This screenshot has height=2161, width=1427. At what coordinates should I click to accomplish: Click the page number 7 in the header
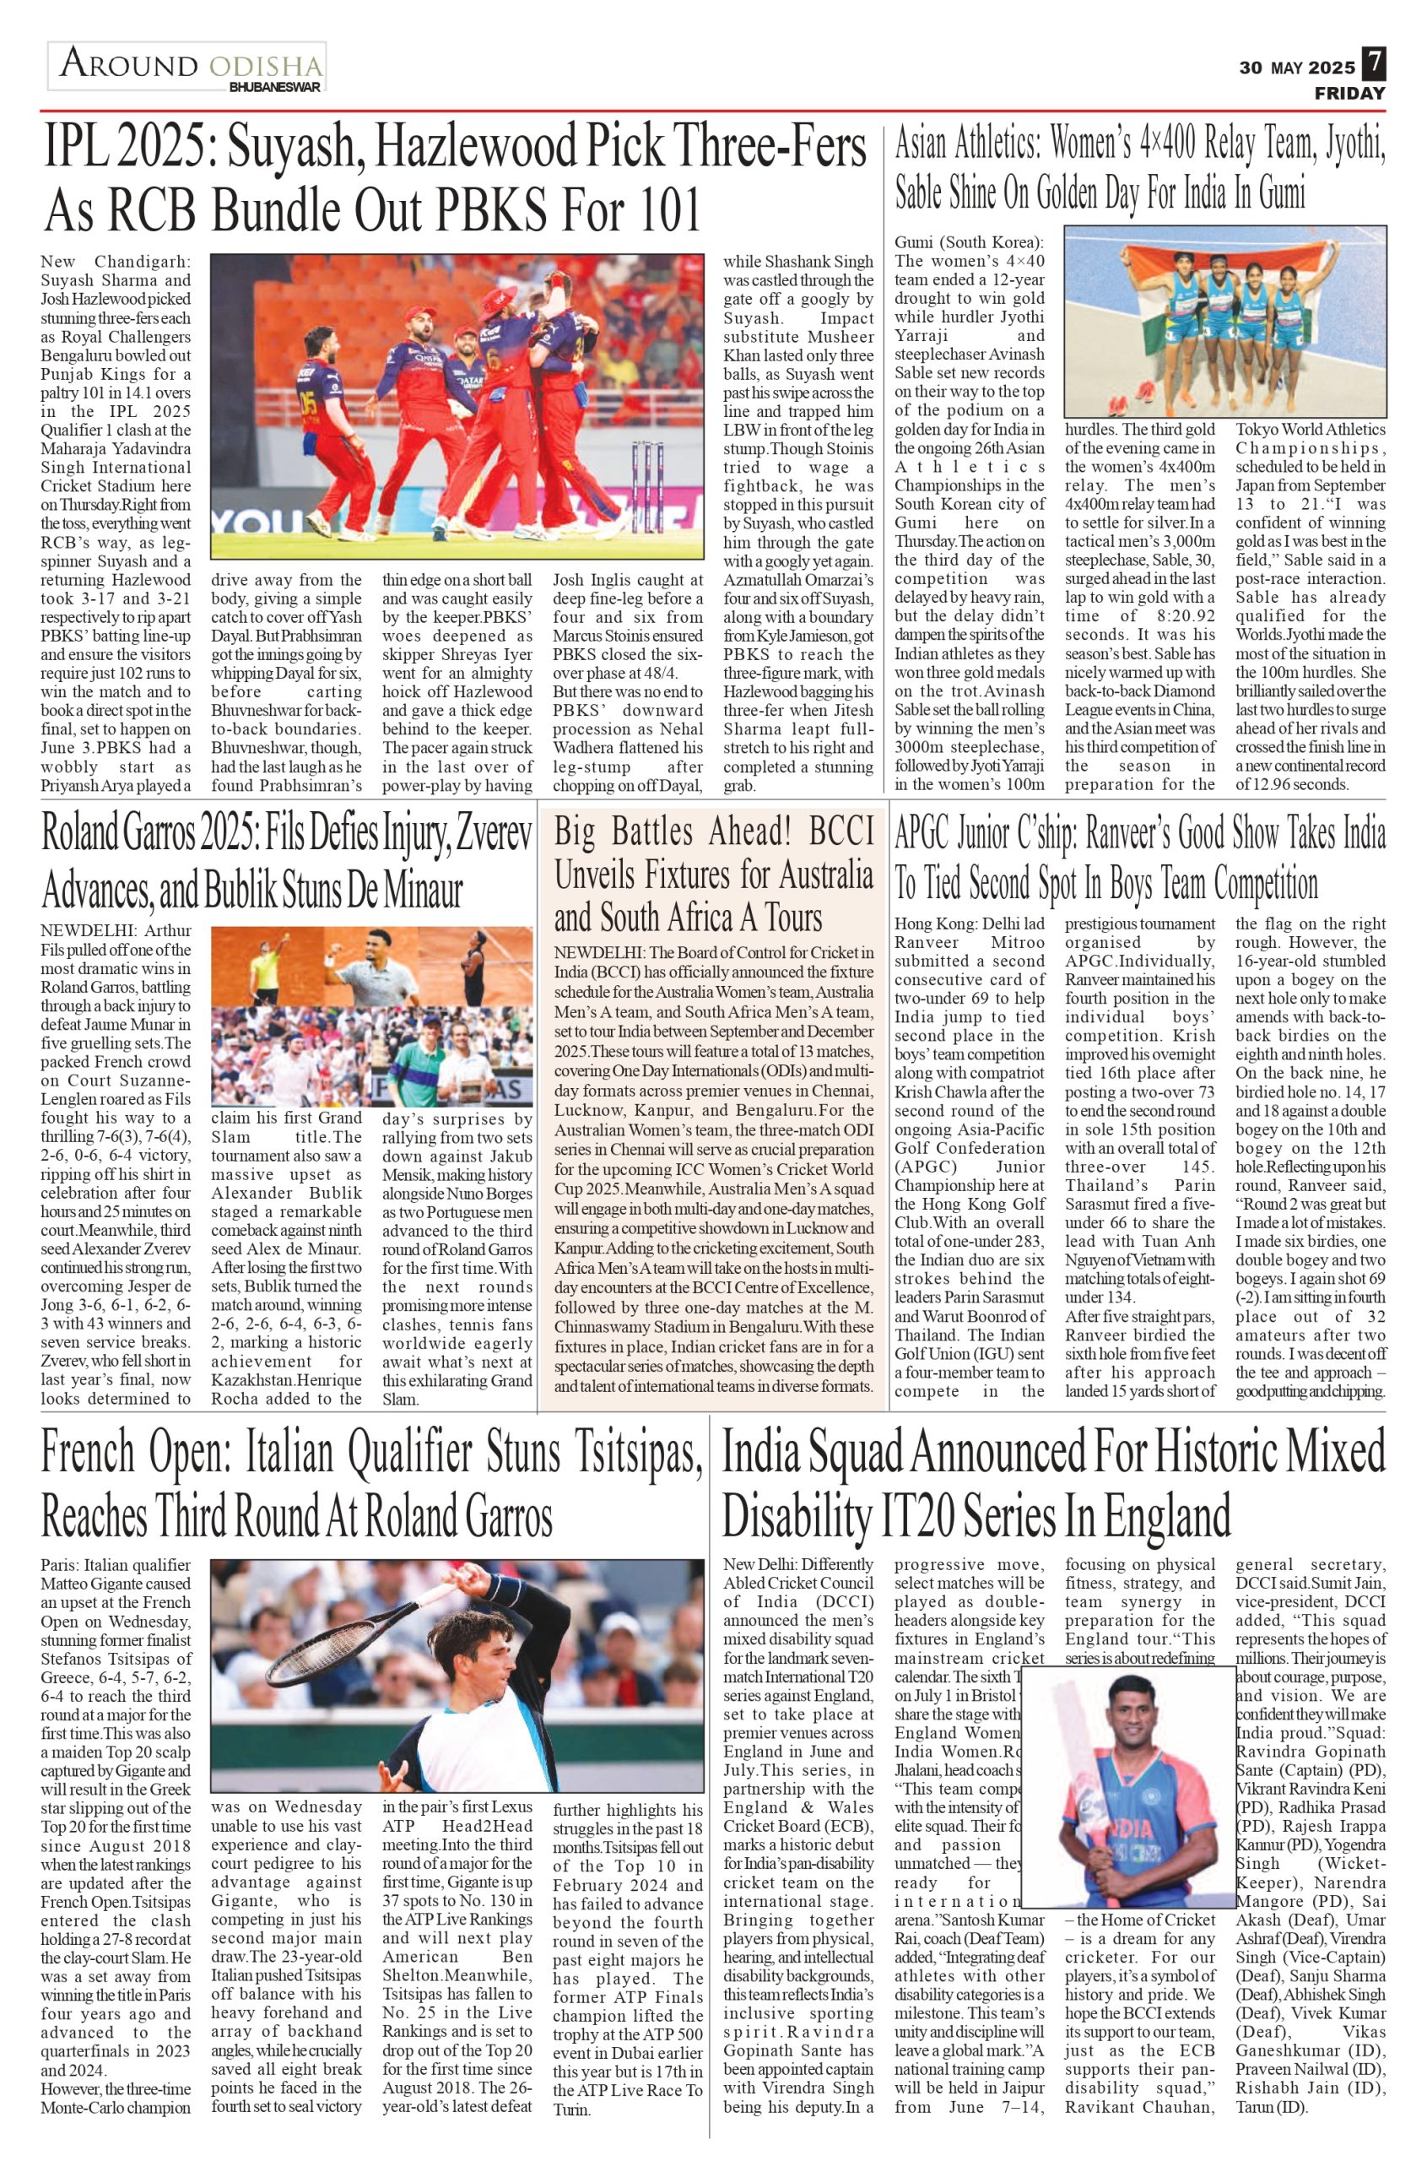1374,66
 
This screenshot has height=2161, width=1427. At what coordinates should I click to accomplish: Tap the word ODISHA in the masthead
265,67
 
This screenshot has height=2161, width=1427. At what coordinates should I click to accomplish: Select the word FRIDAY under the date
1349,93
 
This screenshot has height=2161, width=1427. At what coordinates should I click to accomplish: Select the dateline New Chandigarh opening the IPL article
116,261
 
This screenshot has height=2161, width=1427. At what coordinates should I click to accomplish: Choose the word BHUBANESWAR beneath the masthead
275,88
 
